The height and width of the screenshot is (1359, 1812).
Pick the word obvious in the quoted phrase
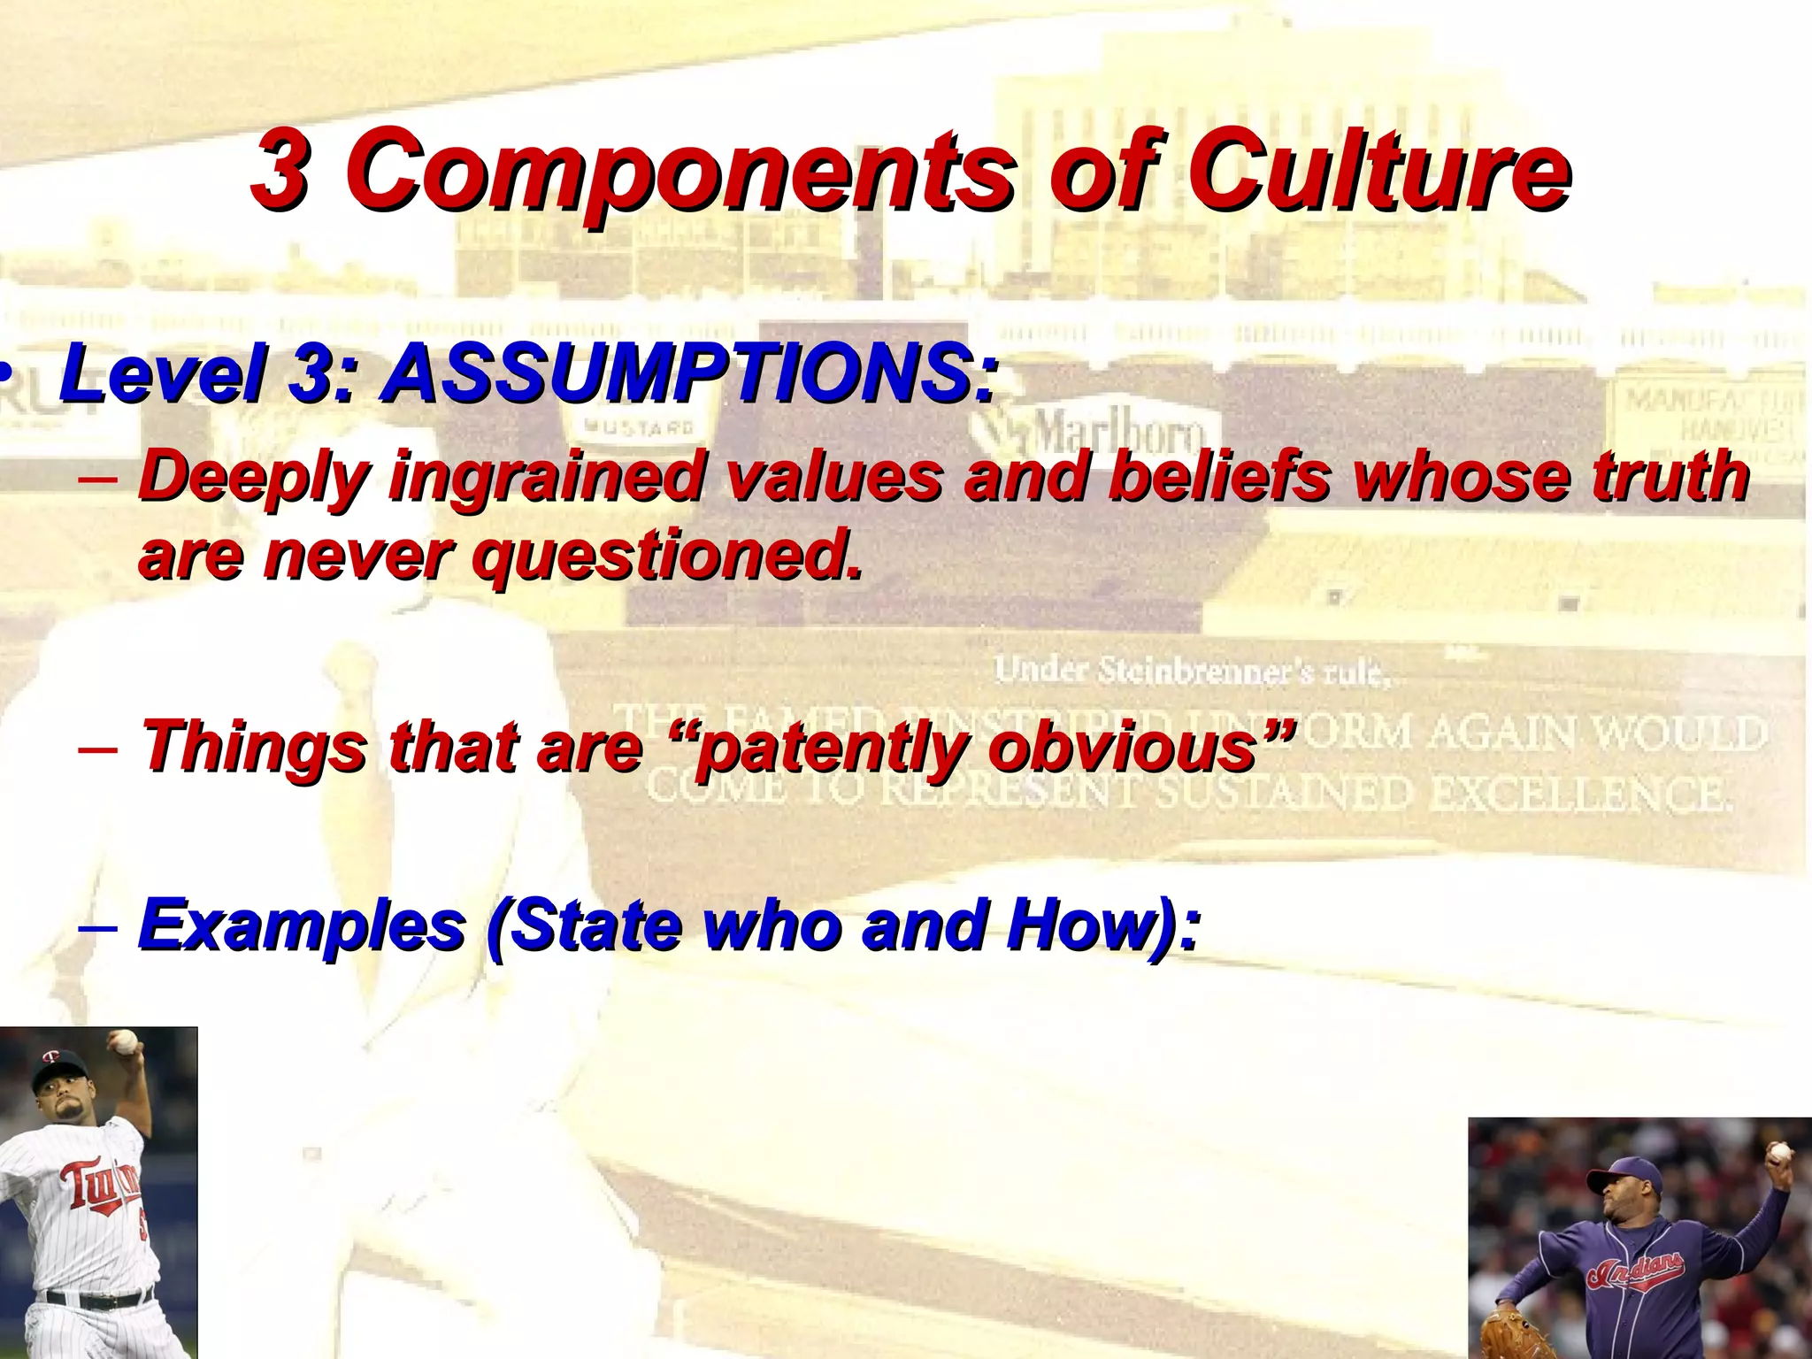pyautogui.click(x=1137, y=746)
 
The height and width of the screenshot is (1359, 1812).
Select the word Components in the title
pyautogui.click(x=681, y=170)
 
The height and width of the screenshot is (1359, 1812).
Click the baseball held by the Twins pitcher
pyautogui.click(x=127, y=1041)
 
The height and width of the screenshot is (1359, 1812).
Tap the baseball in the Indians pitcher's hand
pyautogui.click(x=1778, y=1153)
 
